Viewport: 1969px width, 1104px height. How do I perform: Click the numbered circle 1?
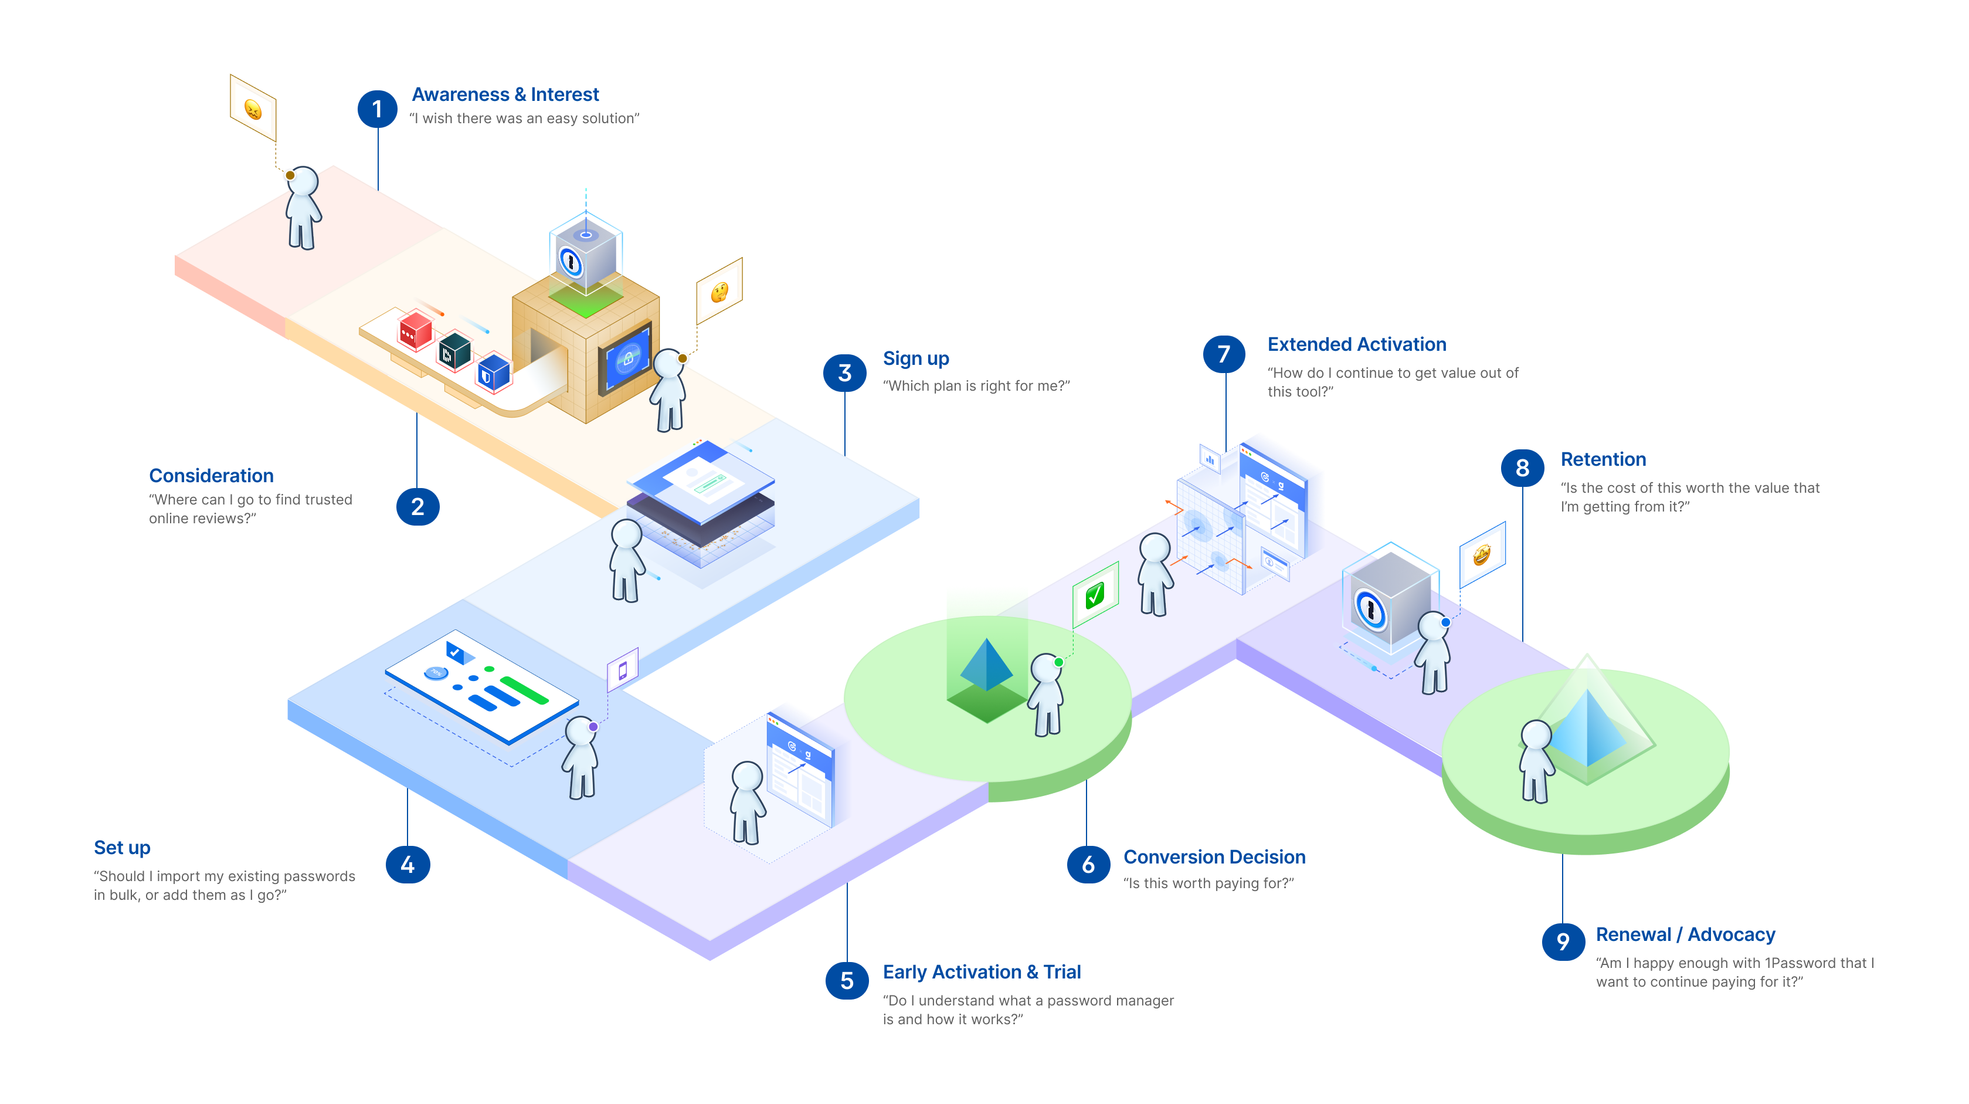(377, 109)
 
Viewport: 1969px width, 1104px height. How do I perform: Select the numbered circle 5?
(846, 980)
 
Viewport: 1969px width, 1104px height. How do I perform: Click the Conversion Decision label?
(1214, 857)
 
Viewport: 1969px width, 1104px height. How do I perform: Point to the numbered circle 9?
(1562, 941)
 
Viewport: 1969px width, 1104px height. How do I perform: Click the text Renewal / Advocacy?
(1685, 934)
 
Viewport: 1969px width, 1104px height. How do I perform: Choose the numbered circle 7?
(1223, 354)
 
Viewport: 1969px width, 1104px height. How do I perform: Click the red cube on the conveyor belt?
(415, 330)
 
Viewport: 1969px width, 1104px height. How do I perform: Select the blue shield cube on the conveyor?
(493, 372)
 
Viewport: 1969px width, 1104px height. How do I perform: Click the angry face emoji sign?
(253, 109)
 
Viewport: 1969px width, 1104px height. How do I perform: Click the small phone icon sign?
(622, 670)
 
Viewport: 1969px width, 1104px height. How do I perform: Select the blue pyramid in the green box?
(986, 663)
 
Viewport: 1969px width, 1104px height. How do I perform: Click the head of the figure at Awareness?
(304, 182)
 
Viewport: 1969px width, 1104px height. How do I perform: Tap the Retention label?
(1603, 459)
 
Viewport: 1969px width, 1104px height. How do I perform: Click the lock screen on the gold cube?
(627, 358)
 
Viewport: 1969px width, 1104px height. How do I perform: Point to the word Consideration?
(211, 476)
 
